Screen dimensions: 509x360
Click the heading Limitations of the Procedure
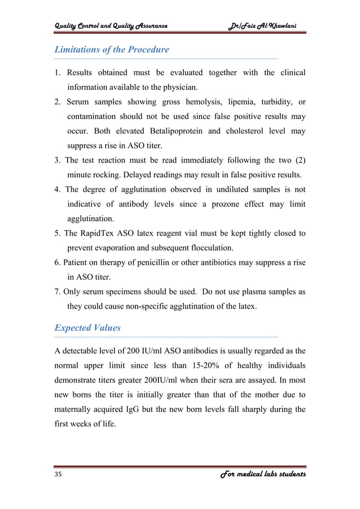[111, 50]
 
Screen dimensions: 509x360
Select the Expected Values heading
[87, 328]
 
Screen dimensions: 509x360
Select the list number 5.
[57, 233]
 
